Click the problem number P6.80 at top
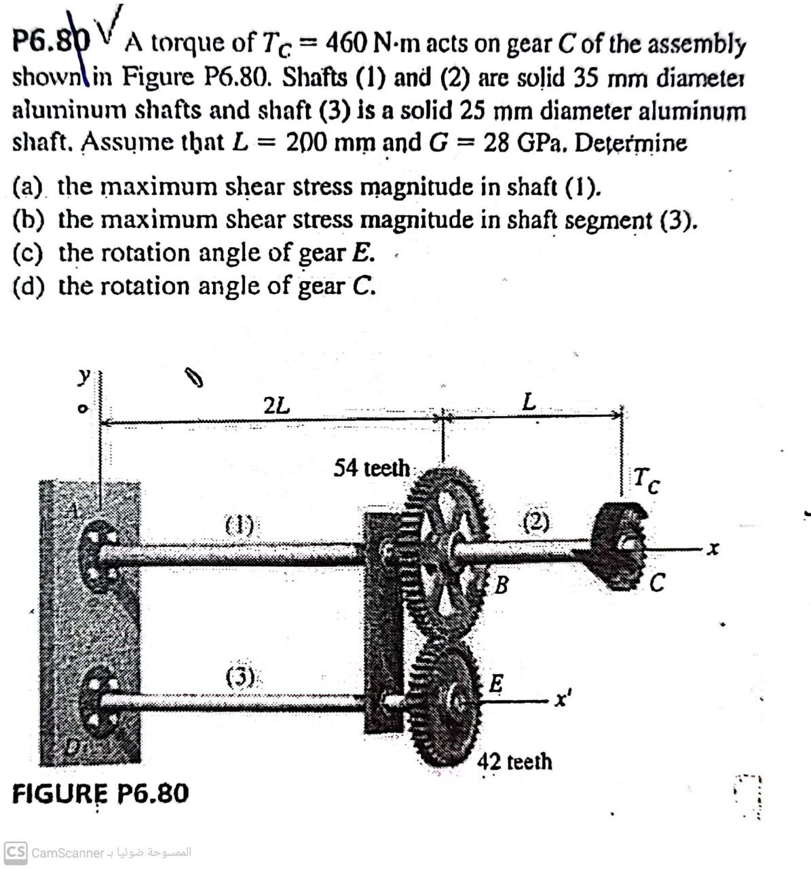[51, 42]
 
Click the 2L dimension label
[276, 406]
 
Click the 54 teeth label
[371, 468]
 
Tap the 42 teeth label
[514, 761]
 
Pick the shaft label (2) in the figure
[536, 521]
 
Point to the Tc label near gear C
[645, 480]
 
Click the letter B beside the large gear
[501, 584]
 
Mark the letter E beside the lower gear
[497, 683]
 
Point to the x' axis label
[561, 699]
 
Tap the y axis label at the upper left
[83, 375]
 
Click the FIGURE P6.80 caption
[100, 793]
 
